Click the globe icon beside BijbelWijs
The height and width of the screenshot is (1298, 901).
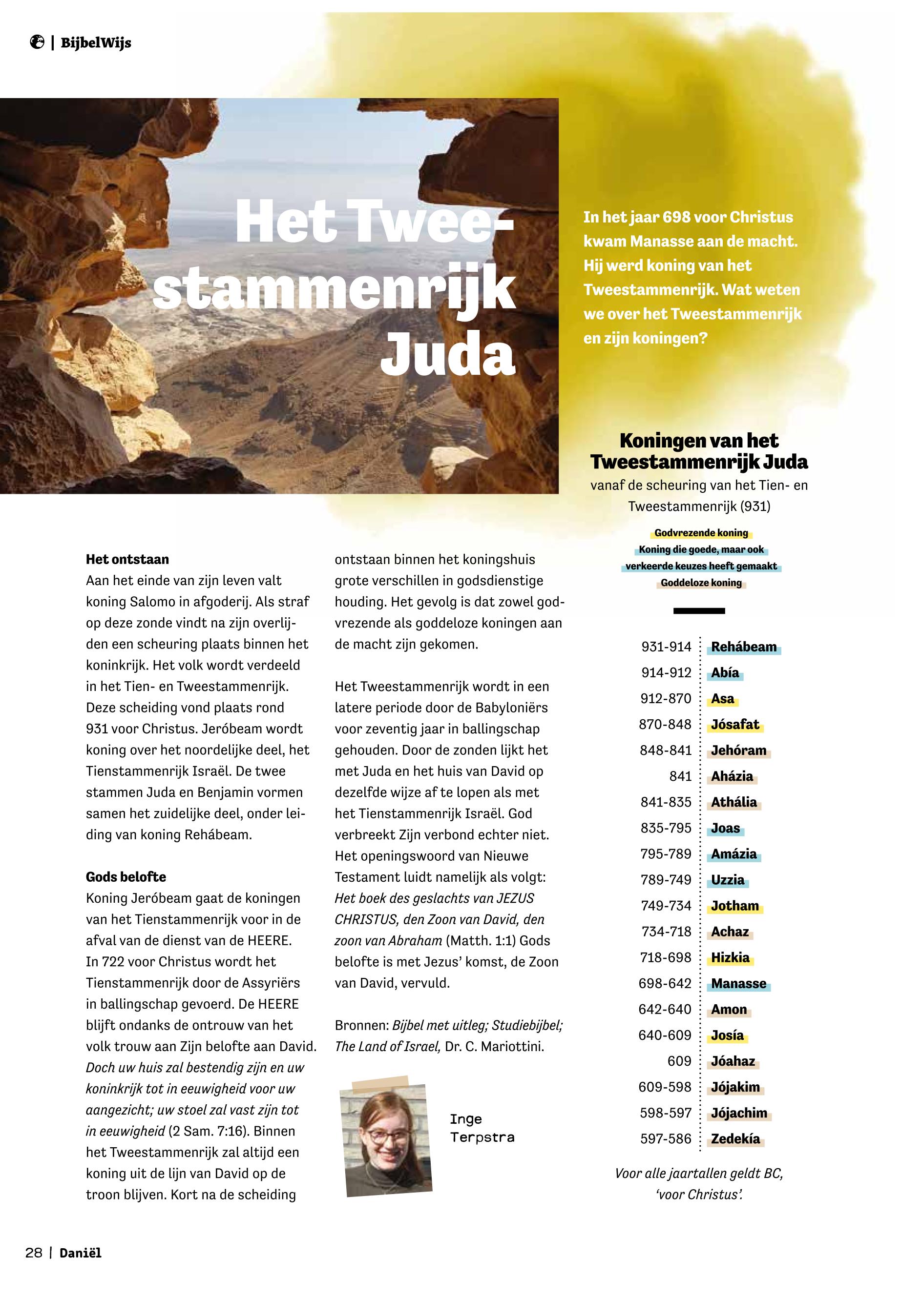37,42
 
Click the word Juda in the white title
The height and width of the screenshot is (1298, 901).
448,354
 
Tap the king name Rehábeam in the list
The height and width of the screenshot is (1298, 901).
743,647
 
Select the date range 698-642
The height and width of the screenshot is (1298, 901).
665,984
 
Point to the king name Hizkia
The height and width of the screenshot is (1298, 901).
730,958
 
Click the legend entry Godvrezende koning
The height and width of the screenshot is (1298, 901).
701,533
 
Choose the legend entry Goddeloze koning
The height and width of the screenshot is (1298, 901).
701,583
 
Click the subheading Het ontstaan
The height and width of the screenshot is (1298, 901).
127,560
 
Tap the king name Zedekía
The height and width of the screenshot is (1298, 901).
735,1139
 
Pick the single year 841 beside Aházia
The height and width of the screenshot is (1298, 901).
680,777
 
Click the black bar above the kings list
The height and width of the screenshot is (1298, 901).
699,611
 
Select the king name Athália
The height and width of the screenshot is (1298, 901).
733,803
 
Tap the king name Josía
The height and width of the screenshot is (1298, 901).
727,1035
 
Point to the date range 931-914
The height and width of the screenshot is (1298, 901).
666,647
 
